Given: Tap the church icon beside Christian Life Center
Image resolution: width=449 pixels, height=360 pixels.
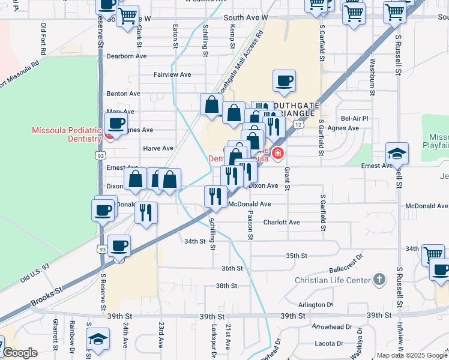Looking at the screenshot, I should [379, 280].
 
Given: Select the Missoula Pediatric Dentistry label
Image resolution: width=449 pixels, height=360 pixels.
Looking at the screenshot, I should [67, 134].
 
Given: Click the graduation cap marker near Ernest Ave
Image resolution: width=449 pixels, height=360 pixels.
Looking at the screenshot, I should [397, 154].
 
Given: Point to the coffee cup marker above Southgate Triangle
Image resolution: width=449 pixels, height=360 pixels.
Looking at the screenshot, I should [284, 80].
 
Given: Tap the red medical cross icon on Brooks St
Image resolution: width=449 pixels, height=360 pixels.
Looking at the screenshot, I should [277, 154].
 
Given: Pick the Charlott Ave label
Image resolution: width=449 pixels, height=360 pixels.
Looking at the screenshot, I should [286, 222].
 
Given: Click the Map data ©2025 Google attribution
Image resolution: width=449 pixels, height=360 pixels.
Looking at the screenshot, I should [411, 355].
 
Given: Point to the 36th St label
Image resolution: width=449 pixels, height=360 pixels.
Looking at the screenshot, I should [232, 268].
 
